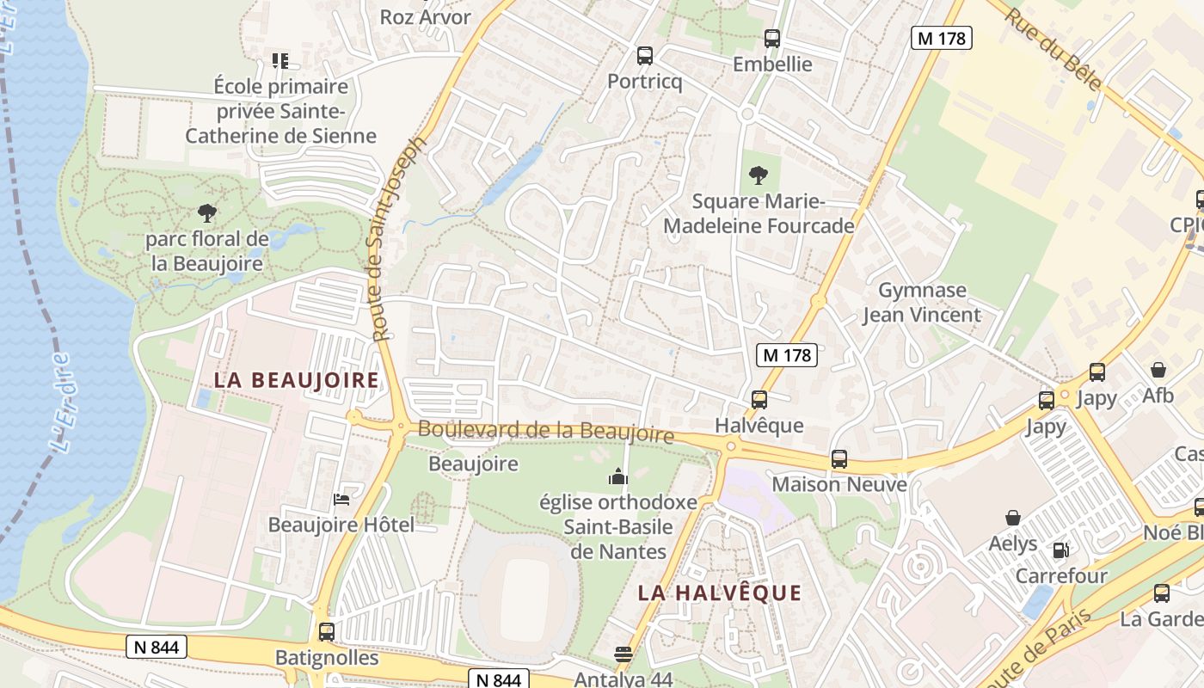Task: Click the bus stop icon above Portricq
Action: pos(644,56)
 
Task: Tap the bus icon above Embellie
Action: pos(771,38)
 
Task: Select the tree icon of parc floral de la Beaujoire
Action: pos(206,212)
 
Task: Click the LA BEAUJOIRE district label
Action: pos(296,379)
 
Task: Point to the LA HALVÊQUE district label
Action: pos(720,593)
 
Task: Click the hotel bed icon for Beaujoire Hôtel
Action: pos(341,500)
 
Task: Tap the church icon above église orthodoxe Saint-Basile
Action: pos(617,476)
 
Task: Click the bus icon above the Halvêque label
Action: pos(759,399)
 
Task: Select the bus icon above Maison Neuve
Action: pos(838,458)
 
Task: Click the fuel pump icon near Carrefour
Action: pos(1061,550)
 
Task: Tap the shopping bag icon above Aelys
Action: pos(1013,518)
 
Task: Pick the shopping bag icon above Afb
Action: pos(1158,371)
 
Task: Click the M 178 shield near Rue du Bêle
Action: pos(941,38)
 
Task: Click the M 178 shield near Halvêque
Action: pos(787,354)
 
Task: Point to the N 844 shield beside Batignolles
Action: pos(157,647)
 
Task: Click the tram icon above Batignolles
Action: pos(326,632)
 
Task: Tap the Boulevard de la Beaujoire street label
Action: pos(545,431)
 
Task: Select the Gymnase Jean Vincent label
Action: pos(922,303)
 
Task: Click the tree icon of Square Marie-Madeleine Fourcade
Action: pos(758,175)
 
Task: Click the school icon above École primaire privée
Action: pos(279,60)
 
